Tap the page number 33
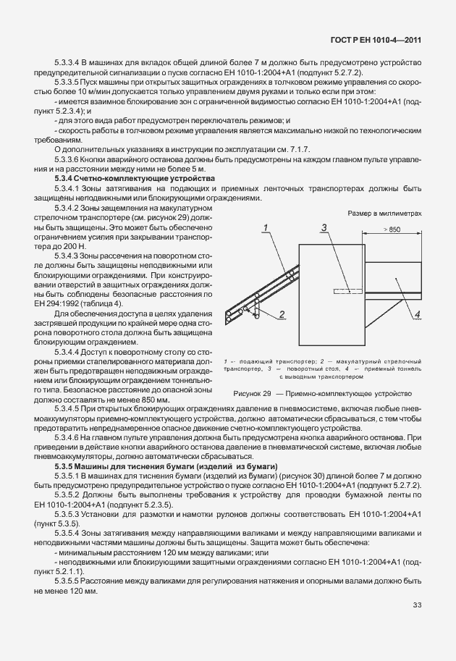(x=417, y=605)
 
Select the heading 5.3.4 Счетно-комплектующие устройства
(x=135, y=177)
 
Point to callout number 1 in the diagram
(x=266, y=228)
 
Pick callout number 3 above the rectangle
(x=326, y=228)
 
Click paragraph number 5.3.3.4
(x=69, y=63)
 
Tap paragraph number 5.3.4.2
(x=69, y=208)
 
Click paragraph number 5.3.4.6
(x=69, y=438)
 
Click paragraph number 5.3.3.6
(x=69, y=158)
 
